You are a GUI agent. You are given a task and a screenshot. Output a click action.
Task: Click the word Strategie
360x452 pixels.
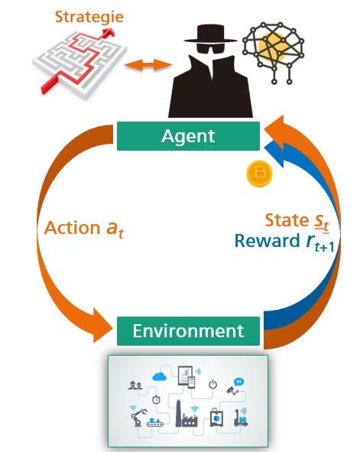click(89, 18)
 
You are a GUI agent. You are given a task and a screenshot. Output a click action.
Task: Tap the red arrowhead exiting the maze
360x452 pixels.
click(109, 32)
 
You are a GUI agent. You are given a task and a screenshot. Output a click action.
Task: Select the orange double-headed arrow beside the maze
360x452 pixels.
click(148, 64)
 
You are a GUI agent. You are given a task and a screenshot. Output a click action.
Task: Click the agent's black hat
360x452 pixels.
click(210, 34)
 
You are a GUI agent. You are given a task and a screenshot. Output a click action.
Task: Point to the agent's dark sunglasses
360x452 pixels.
click(210, 48)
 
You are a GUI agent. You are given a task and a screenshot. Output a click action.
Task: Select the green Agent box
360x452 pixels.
click(188, 136)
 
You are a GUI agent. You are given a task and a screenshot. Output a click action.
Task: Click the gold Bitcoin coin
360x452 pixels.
click(259, 174)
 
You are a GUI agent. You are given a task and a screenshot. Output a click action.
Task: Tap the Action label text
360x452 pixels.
click(84, 229)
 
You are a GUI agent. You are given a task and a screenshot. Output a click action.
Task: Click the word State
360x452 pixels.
click(287, 220)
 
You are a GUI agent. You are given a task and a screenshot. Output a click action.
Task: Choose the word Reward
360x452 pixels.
click(268, 241)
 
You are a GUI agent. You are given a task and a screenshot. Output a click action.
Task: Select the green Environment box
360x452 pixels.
click(188, 331)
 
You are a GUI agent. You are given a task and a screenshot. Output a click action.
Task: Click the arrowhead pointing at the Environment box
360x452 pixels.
click(102, 326)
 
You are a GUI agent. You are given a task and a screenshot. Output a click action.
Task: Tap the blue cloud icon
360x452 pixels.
click(159, 376)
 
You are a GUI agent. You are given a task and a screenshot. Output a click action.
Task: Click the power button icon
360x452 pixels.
click(212, 385)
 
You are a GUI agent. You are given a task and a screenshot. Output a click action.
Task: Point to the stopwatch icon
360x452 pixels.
click(156, 399)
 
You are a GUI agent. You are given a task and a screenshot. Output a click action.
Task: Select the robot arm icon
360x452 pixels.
click(138, 417)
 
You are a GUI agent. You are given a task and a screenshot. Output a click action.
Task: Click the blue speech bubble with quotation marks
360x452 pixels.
click(238, 382)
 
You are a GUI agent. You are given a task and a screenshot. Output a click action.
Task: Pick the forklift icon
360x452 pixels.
click(241, 418)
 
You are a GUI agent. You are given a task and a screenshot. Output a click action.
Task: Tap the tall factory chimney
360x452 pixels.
click(179, 413)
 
